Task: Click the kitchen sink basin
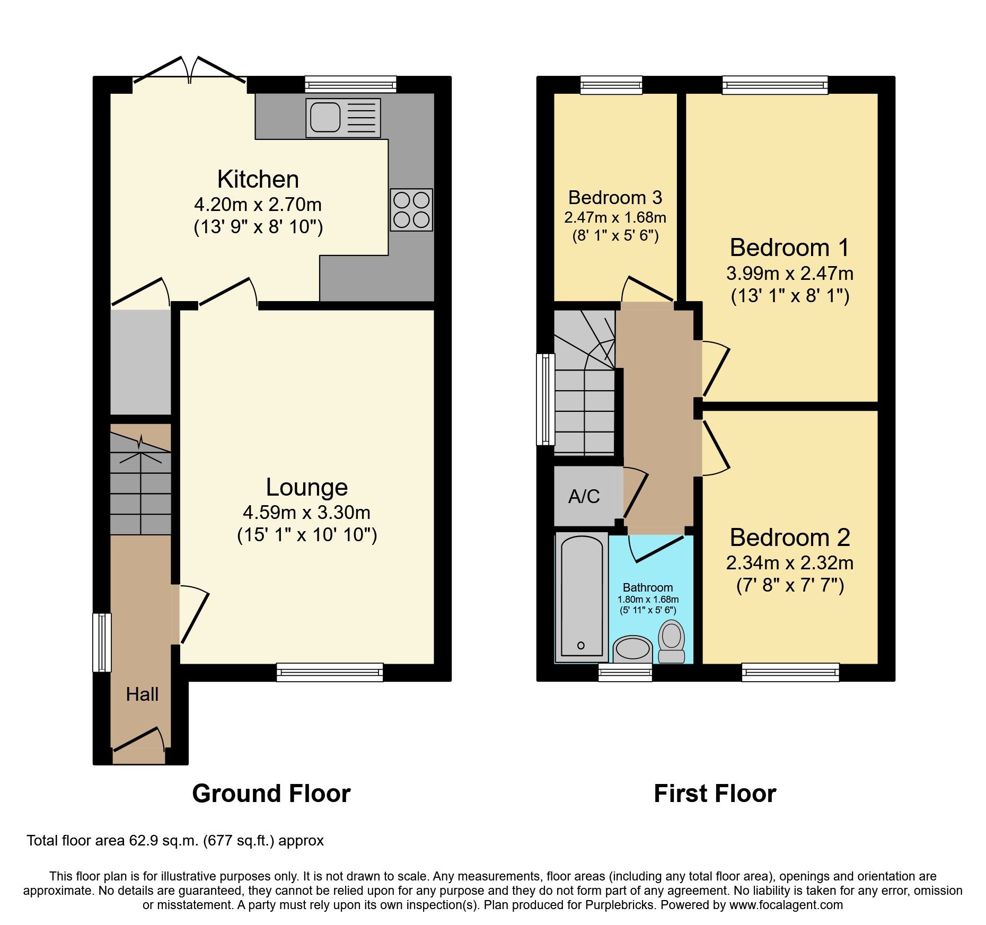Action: tap(325, 117)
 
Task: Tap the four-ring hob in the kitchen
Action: tap(411, 210)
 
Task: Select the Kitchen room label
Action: tap(258, 180)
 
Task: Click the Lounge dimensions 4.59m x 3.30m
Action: tap(306, 513)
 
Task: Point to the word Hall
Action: tap(142, 694)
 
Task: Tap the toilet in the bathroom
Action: tap(672, 640)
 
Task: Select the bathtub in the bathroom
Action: tap(582, 597)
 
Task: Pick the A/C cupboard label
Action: tap(584, 497)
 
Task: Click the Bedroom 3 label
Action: tap(615, 198)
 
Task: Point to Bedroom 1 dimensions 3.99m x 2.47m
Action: tap(789, 274)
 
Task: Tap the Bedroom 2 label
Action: tap(789, 538)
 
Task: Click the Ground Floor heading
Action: tap(271, 794)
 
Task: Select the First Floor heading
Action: tap(715, 794)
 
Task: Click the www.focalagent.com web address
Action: tap(786, 905)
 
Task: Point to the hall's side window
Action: tap(102, 642)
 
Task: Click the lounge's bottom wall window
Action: tap(330, 672)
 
